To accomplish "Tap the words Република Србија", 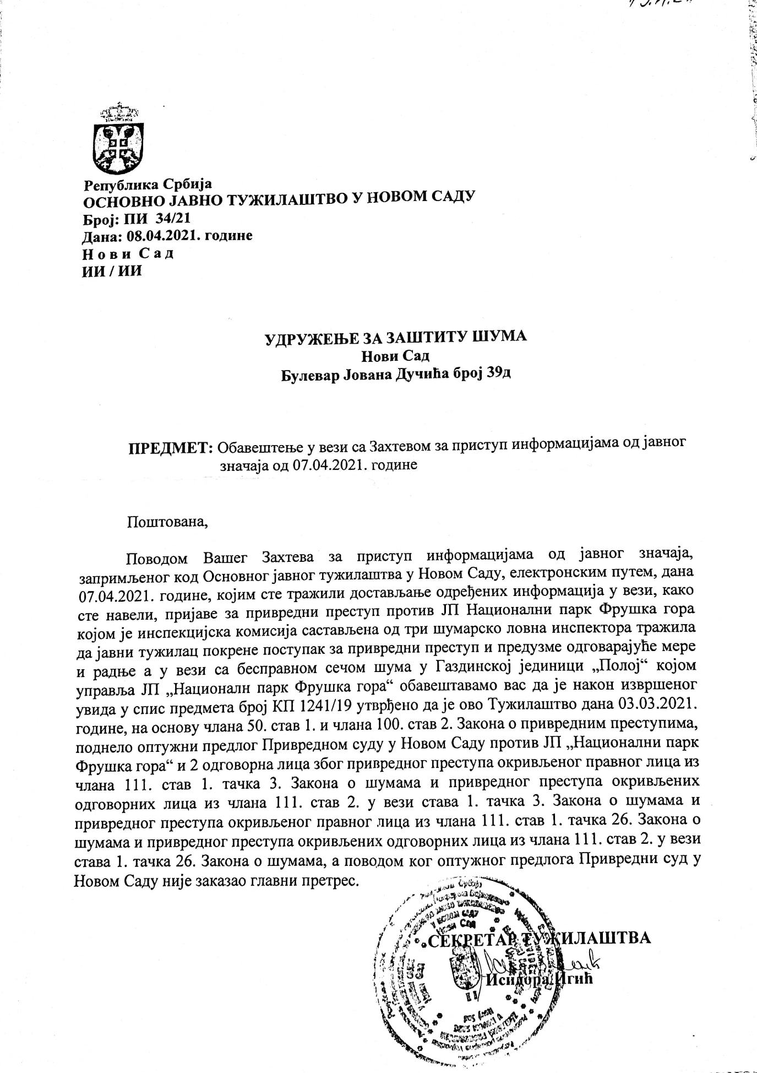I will click(148, 184).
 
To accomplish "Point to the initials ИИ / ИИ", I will click(112, 271).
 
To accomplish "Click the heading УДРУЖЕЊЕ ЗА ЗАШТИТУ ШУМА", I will click(396, 336).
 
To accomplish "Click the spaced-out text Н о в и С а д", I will click(128, 253).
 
